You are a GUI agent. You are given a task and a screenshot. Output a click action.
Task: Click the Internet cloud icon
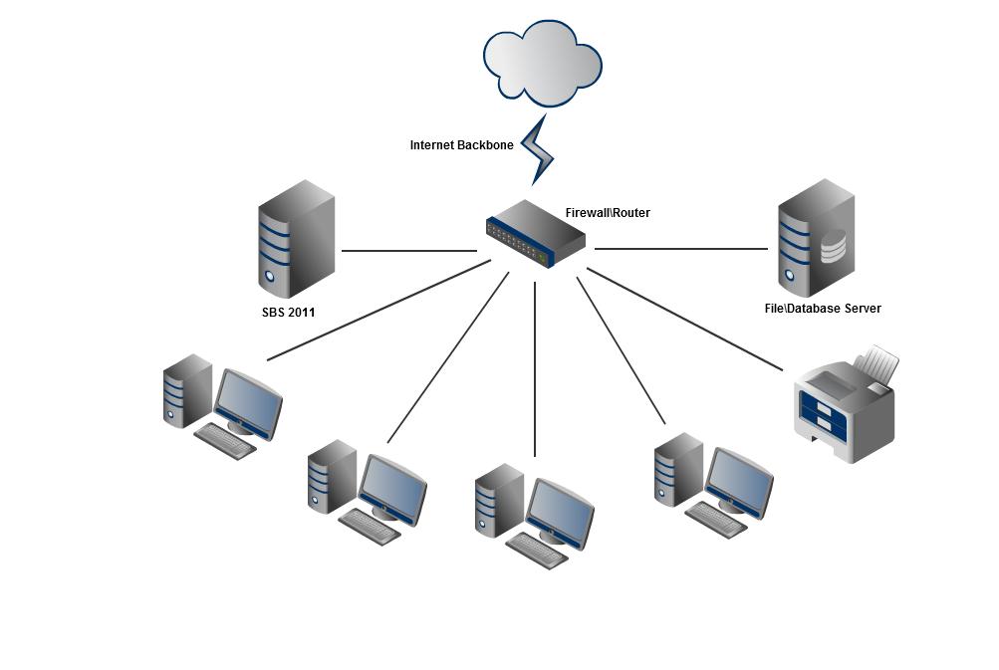pyautogui.click(x=543, y=62)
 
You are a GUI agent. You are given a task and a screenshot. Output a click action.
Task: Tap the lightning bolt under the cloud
pyautogui.click(x=538, y=149)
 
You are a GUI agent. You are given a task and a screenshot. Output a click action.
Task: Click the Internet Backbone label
pyautogui.click(x=461, y=145)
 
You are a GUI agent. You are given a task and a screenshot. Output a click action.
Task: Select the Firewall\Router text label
pyautogui.click(x=608, y=212)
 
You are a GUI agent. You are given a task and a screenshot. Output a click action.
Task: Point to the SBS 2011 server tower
pyautogui.click(x=296, y=239)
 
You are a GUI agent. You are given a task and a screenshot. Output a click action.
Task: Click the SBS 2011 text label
pyautogui.click(x=288, y=313)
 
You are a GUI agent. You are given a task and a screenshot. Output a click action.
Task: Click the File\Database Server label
pyautogui.click(x=822, y=309)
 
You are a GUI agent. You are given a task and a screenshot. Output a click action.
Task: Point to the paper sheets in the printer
pyautogui.click(x=878, y=362)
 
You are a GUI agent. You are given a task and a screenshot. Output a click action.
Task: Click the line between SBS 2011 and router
pyautogui.click(x=408, y=251)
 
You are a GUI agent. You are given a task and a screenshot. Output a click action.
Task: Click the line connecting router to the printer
pyautogui.click(x=687, y=321)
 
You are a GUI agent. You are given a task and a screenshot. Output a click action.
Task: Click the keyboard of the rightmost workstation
pyautogui.click(x=716, y=519)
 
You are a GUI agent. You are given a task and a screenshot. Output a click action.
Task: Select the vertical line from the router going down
pyautogui.click(x=535, y=368)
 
